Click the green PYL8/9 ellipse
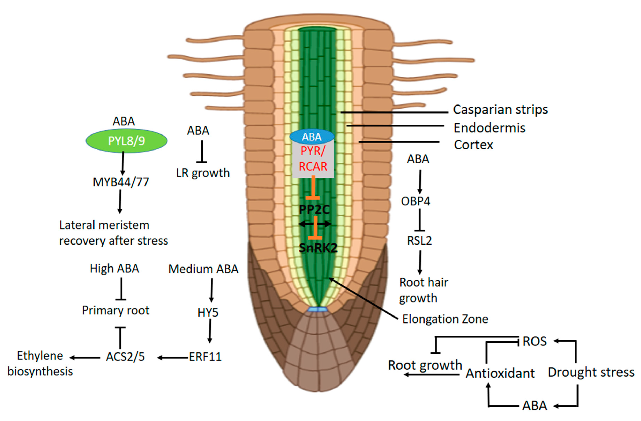pyautogui.click(x=126, y=141)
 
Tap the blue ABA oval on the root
pyautogui.click(x=312, y=137)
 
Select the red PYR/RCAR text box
pyautogui.click(x=313, y=159)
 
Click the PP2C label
pyautogui.click(x=314, y=210)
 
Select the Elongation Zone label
pyautogui.click(x=445, y=319)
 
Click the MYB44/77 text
pyautogui.click(x=121, y=182)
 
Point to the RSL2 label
pyautogui.click(x=419, y=240)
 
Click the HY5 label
pyautogui.click(x=208, y=313)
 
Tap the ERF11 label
pyautogui.click(x=205, y=357)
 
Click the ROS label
pyautogui.click(x=534, y=341)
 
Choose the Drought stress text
pyautogui.click(x=591, y=372)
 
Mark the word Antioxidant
pyautogui.click(x=500, y=373)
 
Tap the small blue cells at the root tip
pyautogui.click(x=318, y=310)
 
